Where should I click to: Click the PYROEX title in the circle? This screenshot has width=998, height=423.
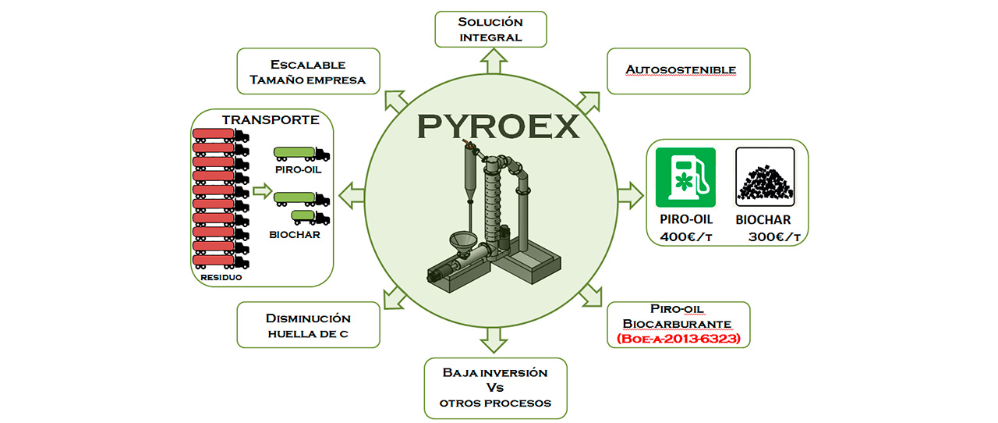point(498,126)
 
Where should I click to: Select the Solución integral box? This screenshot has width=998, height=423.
point(490,30)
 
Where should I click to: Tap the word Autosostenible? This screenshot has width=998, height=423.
point(680,70)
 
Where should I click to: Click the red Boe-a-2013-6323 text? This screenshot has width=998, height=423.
point(678,339)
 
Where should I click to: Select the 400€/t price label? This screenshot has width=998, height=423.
point(687,236)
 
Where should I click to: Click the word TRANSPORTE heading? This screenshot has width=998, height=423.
point(271,120)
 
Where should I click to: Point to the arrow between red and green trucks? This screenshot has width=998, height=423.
point(261,190)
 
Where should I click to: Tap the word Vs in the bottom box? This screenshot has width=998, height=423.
point(495,388)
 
